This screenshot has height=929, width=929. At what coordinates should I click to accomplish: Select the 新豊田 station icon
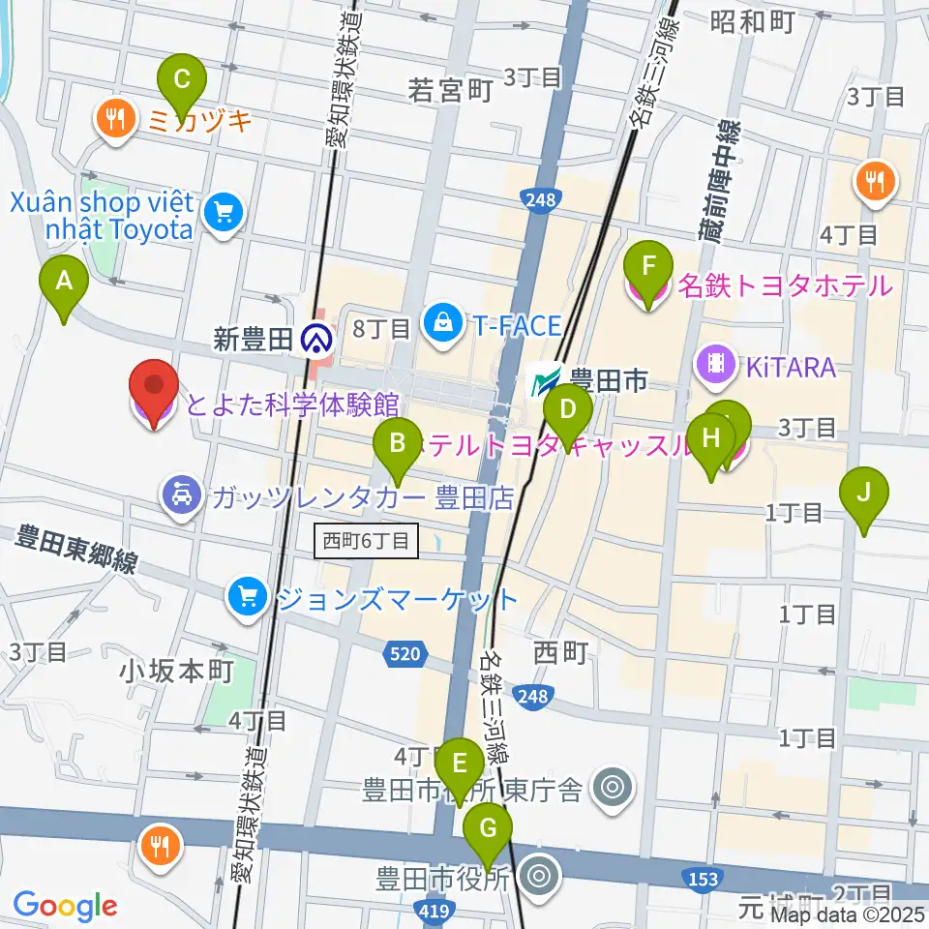(315, 338)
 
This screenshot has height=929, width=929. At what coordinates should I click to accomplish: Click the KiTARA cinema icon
(717, 365)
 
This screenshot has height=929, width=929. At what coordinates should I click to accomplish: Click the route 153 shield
(704, 878)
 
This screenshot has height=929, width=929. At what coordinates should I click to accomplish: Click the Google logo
(64, 905)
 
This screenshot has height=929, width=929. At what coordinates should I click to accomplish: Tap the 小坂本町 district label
(178, 671)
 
